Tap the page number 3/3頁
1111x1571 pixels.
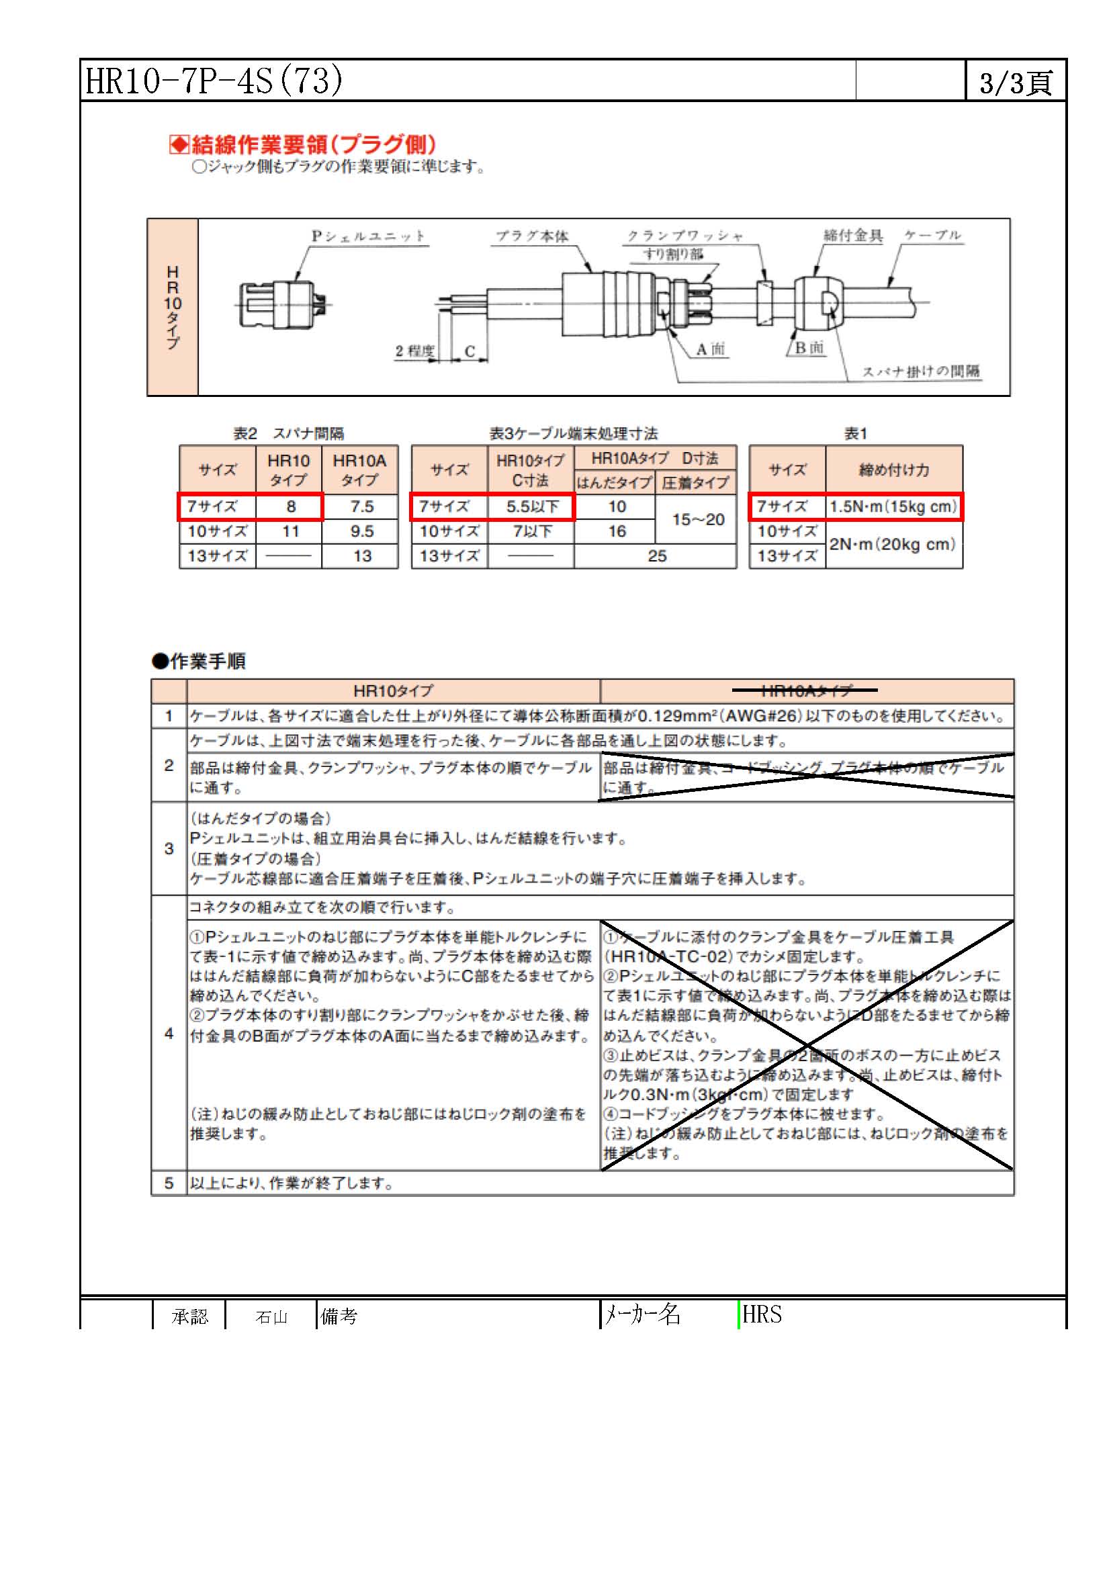[1015, 83]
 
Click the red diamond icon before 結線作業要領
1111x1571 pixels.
[179, 144]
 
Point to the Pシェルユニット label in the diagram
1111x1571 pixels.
[368, 236]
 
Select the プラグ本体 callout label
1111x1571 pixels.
[531, 236]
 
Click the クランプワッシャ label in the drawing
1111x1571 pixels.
[684, 236]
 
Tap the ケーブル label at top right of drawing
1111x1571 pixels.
[932, 235]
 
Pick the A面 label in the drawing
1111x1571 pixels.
[709, 350]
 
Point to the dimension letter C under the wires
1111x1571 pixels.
[470, 351]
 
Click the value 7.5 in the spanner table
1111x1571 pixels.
[361, 506]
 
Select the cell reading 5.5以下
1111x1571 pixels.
[532, 506]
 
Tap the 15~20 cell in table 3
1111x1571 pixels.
[697, 519]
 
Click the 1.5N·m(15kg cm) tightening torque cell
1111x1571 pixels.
[893, 506]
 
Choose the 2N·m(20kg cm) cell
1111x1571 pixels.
[893, 544]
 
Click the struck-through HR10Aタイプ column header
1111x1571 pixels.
[807, 690]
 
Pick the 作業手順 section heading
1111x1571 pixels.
[208, 661]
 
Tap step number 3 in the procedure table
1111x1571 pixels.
[169, 848]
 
